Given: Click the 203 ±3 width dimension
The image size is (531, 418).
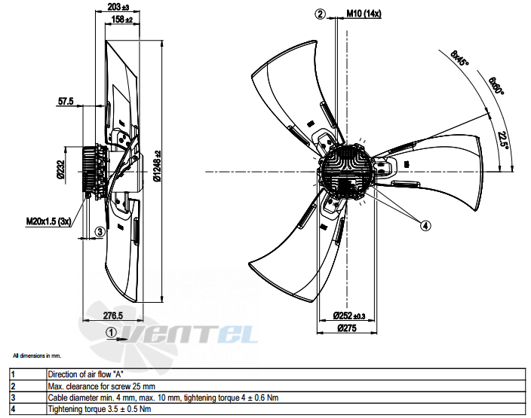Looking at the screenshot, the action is (x=118, y=7).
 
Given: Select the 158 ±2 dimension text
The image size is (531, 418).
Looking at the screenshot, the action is (x=122, y=20).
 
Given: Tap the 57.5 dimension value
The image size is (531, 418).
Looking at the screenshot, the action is (x=66, y=101).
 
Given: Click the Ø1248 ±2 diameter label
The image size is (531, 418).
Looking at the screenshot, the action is (x=157, y=166).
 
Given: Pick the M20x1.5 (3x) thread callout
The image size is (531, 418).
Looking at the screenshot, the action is (x=49, y=222).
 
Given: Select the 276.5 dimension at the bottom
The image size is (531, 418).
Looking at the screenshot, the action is (x=113, y=316).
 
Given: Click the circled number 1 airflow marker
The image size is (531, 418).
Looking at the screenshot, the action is (x=111, y=332).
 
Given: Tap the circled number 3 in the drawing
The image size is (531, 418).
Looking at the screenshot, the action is (x=100, y=232).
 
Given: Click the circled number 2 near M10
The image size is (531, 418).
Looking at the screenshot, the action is (x=320, y=14).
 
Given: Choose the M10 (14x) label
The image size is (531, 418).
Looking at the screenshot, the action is (x=364, y=14).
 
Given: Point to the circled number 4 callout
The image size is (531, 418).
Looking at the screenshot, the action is (x=425, y=225).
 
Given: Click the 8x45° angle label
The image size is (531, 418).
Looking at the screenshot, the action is (x=459, y=58).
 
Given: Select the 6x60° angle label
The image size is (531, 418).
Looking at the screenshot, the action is (x=496, y=86).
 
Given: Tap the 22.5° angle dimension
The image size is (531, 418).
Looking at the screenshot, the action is (x=504, y=140).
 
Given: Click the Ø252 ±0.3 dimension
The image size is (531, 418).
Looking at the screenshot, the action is (x=349, y=316).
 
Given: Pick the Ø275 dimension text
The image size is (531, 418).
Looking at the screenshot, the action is (x=347, y=328).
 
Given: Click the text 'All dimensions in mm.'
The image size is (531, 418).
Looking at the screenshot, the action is (x=37, y=355).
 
